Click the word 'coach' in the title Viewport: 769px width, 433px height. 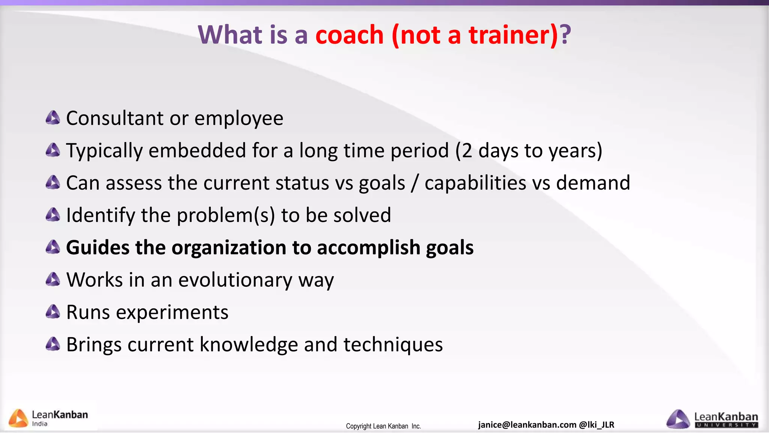(x=349, y=35)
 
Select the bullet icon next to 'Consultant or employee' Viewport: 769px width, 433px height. (x=53, y=118)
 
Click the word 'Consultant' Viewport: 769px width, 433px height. (x=115, y=118)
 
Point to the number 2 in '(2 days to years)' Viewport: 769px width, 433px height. (x=467, y=151)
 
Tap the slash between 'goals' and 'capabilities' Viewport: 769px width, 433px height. (x=415, y=183)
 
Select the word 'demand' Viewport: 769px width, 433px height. (x=593, y=183)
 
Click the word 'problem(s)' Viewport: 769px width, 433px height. (x=226, y=216)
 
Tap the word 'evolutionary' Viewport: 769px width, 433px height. (x=235, y=280)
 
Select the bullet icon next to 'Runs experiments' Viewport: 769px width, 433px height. (x=53, y=312)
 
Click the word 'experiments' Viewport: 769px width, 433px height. (x=172, y=313)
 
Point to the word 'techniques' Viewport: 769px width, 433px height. (x=393, y=345)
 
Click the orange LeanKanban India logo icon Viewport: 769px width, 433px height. (x=18, y=418)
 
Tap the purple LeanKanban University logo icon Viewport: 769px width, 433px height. (x=678, y=419)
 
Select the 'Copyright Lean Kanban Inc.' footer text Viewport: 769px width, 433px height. (x=383, y=426)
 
